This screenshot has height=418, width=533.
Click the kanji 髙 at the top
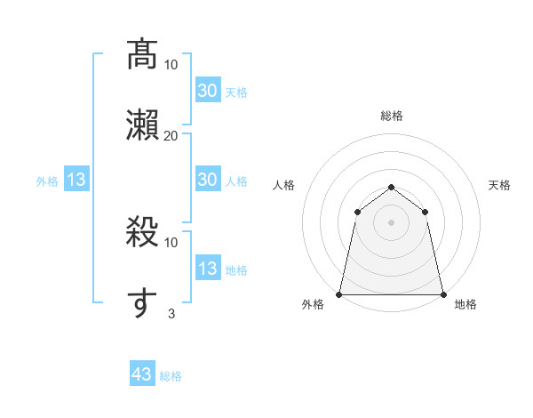[x=142, y=55]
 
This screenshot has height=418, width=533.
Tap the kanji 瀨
[x=142, y=125]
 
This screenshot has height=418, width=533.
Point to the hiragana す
[x=142, y=302]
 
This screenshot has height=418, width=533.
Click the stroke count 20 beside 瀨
[x=171, y=135]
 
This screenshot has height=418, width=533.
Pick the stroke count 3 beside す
[x=171, y=312]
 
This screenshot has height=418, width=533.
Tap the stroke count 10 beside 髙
[x=171, y=64]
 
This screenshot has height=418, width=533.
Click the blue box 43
[x=141, y=374]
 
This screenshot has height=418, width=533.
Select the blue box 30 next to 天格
[x=207, y=91]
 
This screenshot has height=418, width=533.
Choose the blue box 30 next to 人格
[x=207, y=180]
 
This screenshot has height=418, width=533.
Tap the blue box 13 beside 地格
[x=207, y=269]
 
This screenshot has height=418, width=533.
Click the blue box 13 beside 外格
[x=76, y=180]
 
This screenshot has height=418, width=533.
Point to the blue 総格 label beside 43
[x=171, y=376]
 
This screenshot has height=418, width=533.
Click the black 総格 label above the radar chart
[x=391, y=116]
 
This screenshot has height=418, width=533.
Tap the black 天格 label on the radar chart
[x=499, y=185]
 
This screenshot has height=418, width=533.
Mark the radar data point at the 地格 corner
[x=442, y=293]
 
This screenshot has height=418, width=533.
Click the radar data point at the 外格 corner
[x=339, y=293]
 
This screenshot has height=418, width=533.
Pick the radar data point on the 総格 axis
[x=391, y=187]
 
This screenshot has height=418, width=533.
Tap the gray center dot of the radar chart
[x=391, y=222]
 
